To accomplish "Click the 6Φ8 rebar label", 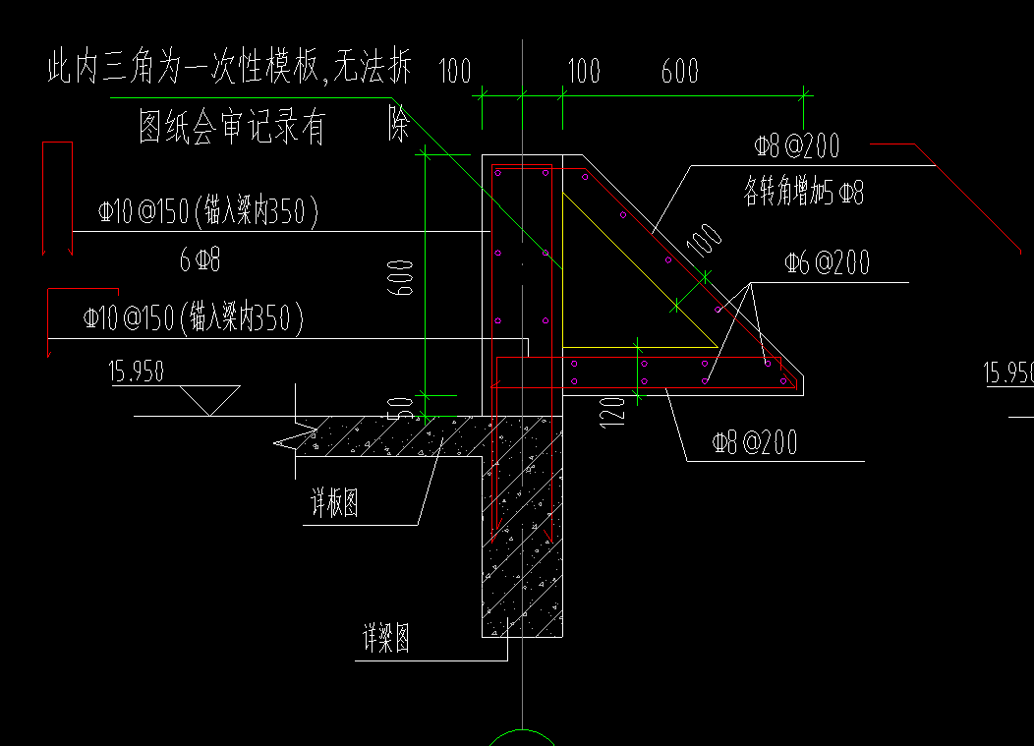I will (x=200, y=260).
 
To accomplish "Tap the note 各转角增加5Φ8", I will (x=804, y=193).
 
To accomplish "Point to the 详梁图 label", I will (x=386, y=640).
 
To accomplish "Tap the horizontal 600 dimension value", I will (x=679, y=72).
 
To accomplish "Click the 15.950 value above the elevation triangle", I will (x=137, y=372).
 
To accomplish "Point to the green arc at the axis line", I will (x=521, y=737).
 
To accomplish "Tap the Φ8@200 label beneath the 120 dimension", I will (x=755, y=443).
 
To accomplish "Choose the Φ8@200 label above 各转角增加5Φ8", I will (x=796, y=147).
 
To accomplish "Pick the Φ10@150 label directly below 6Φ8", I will (x=193, y=318).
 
